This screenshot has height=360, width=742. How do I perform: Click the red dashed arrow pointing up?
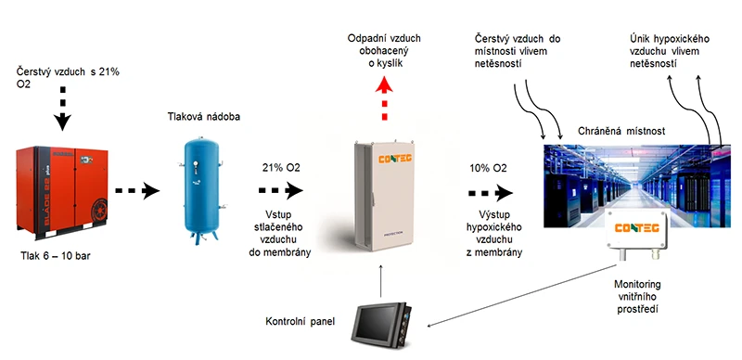coord(384,98)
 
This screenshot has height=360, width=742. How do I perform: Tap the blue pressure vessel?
coord(200,190)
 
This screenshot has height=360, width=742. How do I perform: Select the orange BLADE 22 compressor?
coord(62,193)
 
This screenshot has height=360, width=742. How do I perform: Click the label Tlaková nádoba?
coord(203,116)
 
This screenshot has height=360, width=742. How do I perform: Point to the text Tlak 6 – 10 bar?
coord(56,256)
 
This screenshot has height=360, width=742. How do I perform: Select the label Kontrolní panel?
coord(300,322)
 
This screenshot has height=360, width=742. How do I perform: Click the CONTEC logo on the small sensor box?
coord(636,228)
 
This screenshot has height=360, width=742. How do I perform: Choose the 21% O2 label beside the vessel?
coord(281,168)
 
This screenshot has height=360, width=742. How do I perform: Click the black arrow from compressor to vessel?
coord(137,191)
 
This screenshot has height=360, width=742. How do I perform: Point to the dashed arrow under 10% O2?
coord(491,193)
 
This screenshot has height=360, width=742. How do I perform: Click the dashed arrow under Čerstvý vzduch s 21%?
coord(62,109)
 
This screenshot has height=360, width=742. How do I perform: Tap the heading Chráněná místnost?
coord(621,131)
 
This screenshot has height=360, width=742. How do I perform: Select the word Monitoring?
coord(637,285)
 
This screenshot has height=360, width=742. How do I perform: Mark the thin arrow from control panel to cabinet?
coord(382,282)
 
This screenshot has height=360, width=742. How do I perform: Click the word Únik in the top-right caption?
coord(641,39)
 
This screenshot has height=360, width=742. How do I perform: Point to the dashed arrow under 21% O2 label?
coord(281,190)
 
